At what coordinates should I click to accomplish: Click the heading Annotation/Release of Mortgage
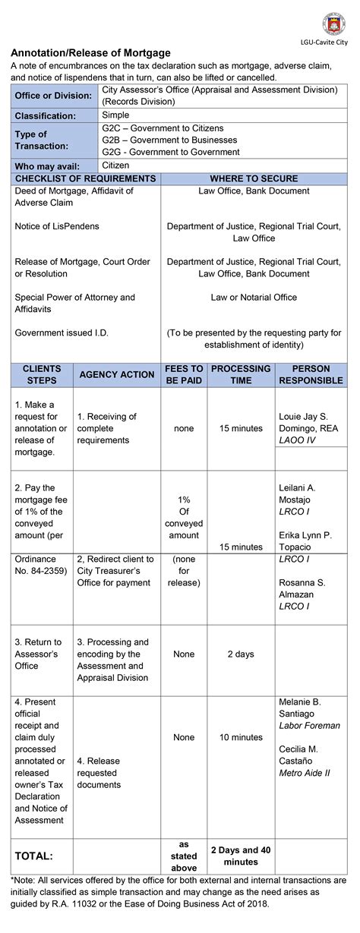tap(90, 53)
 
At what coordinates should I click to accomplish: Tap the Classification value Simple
tap(115, 115)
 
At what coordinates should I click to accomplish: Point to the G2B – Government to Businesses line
tap(169, 140)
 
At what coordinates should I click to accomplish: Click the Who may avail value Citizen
tap(115, 165)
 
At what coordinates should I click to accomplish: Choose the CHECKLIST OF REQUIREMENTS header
tap(85, 178)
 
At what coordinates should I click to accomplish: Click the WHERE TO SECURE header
tap(254, 178)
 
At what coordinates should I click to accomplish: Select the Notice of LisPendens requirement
tap(57, 226)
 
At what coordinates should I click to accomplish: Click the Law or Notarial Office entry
tap(254, 298)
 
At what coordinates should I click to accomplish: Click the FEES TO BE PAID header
tap(184, 374)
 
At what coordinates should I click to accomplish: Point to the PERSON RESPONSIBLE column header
tap(311, 374)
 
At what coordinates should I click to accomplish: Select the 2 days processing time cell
tap(241, 654)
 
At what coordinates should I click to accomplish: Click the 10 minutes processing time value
tap(241, 737)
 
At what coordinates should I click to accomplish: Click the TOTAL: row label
tap(34, 856)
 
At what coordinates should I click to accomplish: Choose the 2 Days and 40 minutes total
tap(241, 856)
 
